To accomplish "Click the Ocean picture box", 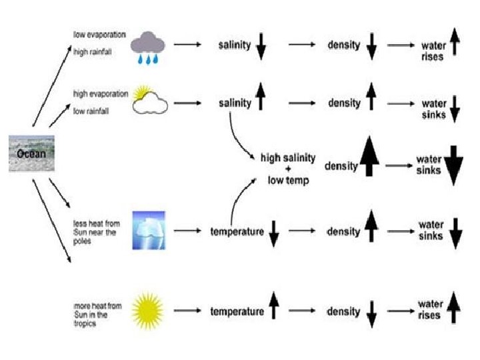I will [31, 153].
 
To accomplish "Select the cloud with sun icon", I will [150, 100].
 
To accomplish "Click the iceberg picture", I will [148, 231].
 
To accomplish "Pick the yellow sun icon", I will [147, 311].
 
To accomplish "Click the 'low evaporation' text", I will [99, 34].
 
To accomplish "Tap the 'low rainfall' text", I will [91, 111].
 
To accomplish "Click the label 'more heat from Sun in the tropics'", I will [97, 315].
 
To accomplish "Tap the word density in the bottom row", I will [343, 311].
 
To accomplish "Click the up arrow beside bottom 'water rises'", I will [454, 309].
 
